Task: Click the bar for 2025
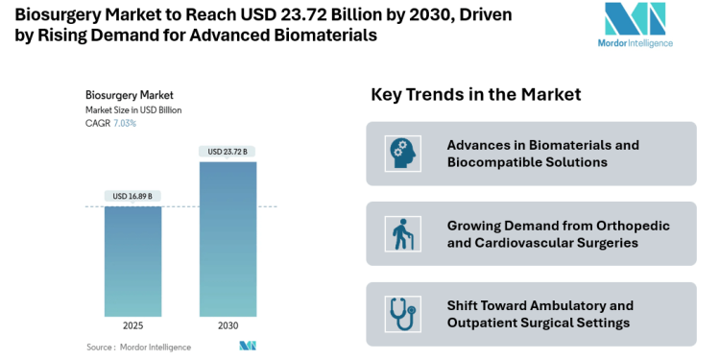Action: (x=132, y=261)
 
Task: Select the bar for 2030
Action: (x=228, y=239)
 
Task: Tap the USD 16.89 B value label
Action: (x=132, y=197)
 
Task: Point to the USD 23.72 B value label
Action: (x=228, y=152)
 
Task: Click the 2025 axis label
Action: (x=132, y=326)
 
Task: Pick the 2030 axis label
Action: (x=228, y=326)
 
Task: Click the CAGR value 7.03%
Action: (x=125, y=123)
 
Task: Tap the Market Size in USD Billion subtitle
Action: (x=133, y=109)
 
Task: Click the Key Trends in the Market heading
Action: (x=476, y=95)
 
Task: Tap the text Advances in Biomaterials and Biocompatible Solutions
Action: (x=542, y=154)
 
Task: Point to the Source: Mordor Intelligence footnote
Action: (x=138, y=347)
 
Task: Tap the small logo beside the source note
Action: (x=248, y=346)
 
